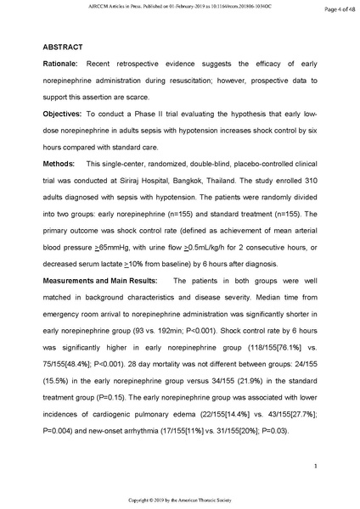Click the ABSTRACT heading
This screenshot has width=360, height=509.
65,47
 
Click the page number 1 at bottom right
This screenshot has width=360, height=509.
314,467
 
